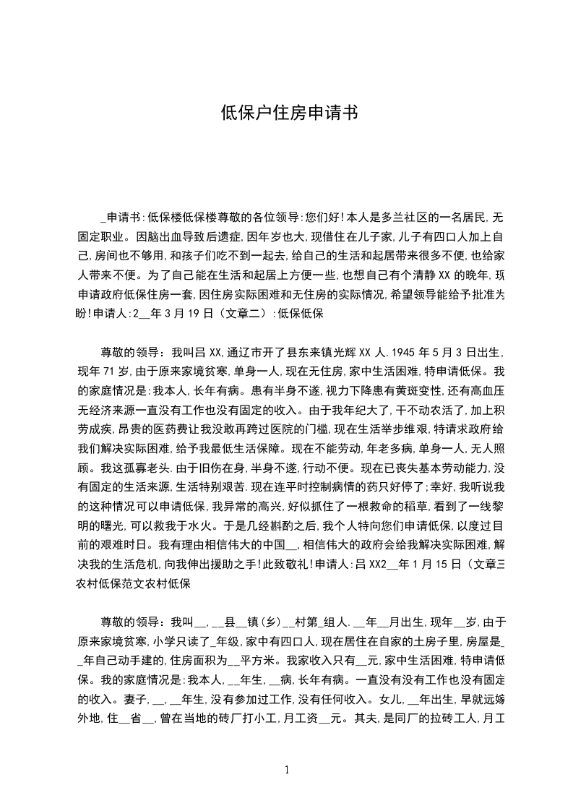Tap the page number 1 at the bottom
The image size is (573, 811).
click(x=287, y=771)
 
